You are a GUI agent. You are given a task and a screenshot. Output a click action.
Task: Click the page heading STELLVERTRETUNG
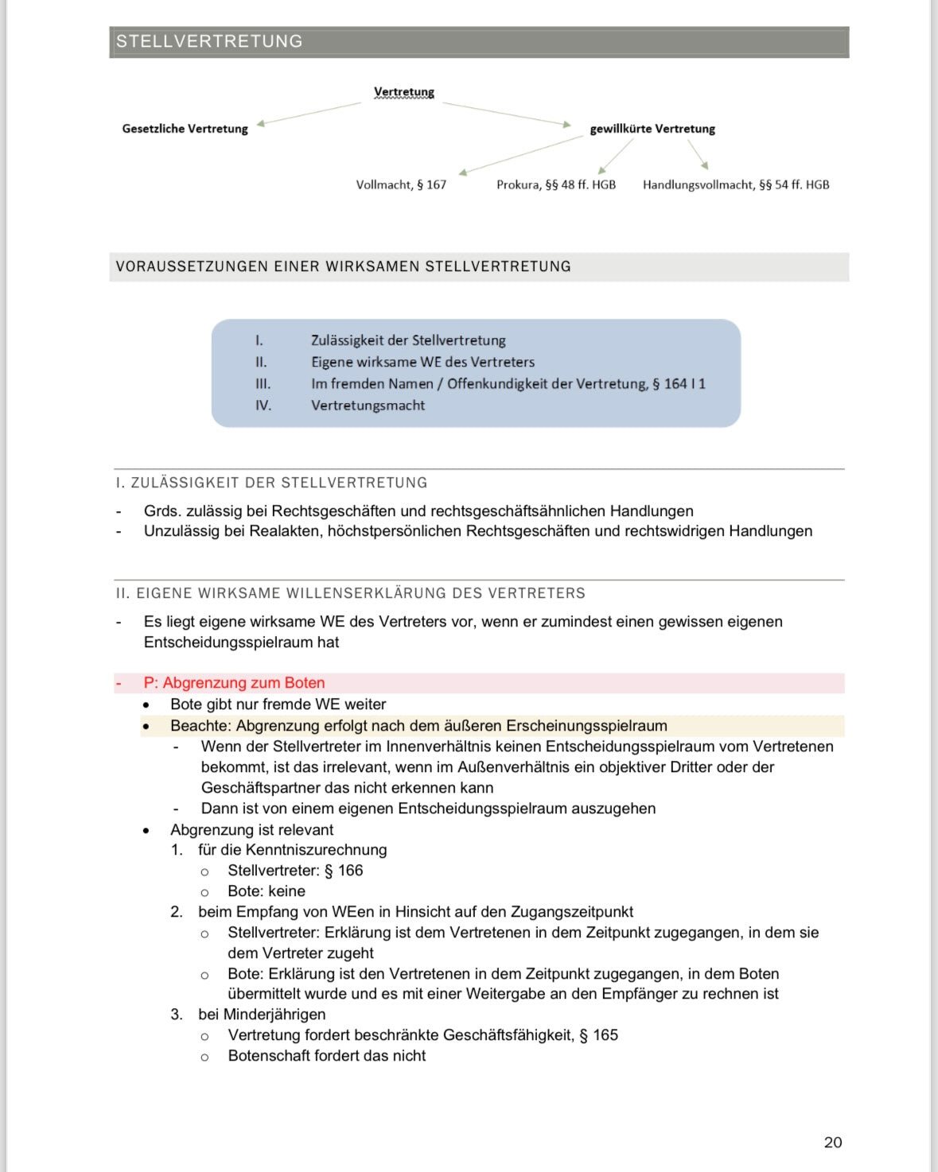(209, 41)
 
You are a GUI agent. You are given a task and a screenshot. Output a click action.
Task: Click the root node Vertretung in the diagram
(404, 92)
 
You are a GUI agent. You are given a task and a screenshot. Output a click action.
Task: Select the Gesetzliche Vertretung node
(185, 129)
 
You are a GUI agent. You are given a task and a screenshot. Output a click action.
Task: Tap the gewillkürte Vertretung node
(652, 129)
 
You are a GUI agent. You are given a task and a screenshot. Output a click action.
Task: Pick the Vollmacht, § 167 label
(401, 185)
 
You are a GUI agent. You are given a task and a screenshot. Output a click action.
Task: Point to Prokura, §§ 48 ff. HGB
(556, 185)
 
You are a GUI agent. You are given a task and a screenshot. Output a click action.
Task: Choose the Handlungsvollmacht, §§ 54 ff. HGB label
(736, 185)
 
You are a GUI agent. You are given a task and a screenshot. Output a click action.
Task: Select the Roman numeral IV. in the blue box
(263, 406)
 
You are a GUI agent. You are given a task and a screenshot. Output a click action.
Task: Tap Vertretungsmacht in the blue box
(368, 406)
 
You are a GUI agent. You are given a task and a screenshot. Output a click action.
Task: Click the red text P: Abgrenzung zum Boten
(234, 683)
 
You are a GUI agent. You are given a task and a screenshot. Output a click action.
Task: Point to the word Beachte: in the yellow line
(200, 726)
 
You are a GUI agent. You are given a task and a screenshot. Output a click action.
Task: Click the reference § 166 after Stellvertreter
(344, 871)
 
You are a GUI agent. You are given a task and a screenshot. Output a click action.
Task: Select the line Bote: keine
(267, 891)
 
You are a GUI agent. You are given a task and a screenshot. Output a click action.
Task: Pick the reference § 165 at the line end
(598, 1035)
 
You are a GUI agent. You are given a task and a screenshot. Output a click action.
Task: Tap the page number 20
(833, 1143)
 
